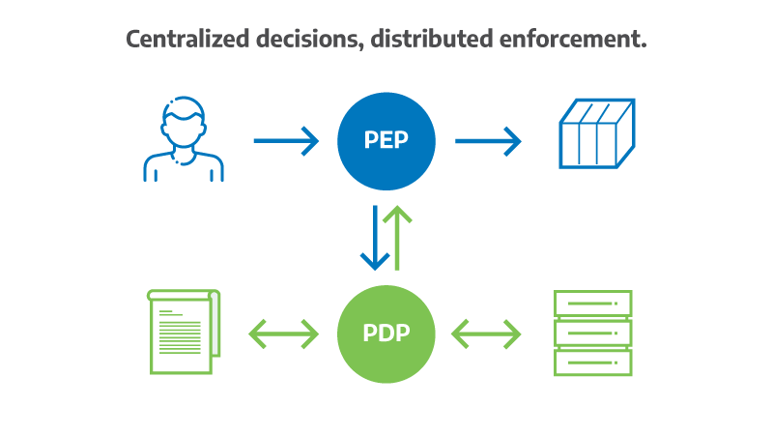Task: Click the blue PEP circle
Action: [386, 141]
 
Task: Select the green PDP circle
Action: [386, 333]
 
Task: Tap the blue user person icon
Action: [184, 141]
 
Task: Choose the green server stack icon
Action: [592, 333]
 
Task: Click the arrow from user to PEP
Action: [286, 141]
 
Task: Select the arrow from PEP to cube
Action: [488, 141]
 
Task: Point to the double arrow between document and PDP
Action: [283, 334]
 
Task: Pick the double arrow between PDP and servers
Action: [486, 334]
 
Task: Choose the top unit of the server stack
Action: [592, 304]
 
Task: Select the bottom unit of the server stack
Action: [592, 362]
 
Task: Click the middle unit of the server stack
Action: [592, 333]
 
